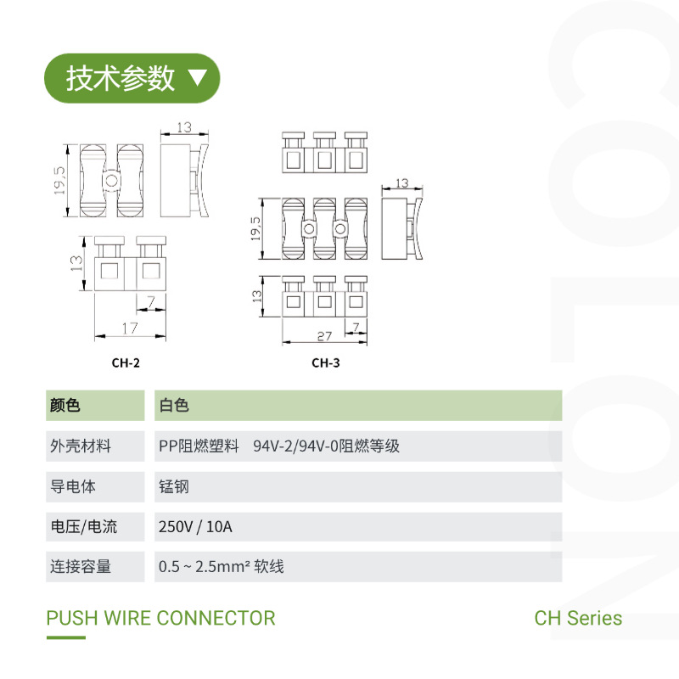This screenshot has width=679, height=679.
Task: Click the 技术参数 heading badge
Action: (x=132, y=78)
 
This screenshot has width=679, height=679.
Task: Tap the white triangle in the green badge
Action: (x=196, y=78)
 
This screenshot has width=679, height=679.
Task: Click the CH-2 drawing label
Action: (x=126, y=362)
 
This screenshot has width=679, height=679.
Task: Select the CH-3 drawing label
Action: (x=325, y=362)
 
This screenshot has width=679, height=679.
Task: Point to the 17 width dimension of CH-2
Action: (x=129, y=328)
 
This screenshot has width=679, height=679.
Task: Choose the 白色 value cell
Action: (x=174, y=406)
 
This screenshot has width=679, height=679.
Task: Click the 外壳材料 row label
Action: (x=81, y=446)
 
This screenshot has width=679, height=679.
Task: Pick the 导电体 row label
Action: (x=73, y=486)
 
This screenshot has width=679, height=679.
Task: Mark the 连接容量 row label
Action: (x=81, y=566)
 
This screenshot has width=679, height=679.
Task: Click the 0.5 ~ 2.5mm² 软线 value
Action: (x=221, y=566)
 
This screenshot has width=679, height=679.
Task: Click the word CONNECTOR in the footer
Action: (x=216, y=618)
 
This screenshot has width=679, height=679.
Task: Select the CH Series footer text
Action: (x=578, y=618)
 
